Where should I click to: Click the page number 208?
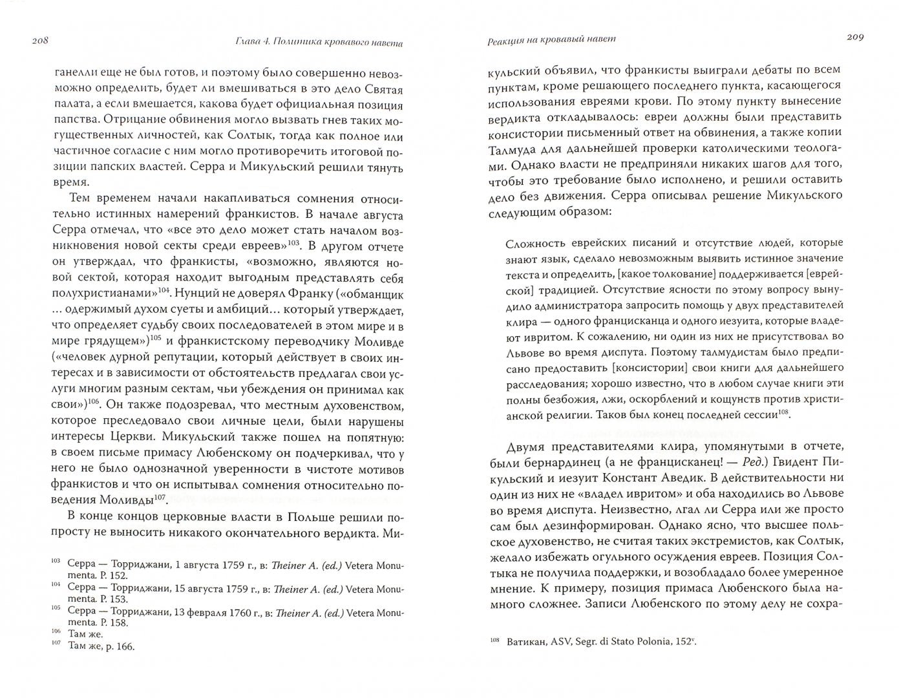[40, 42]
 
